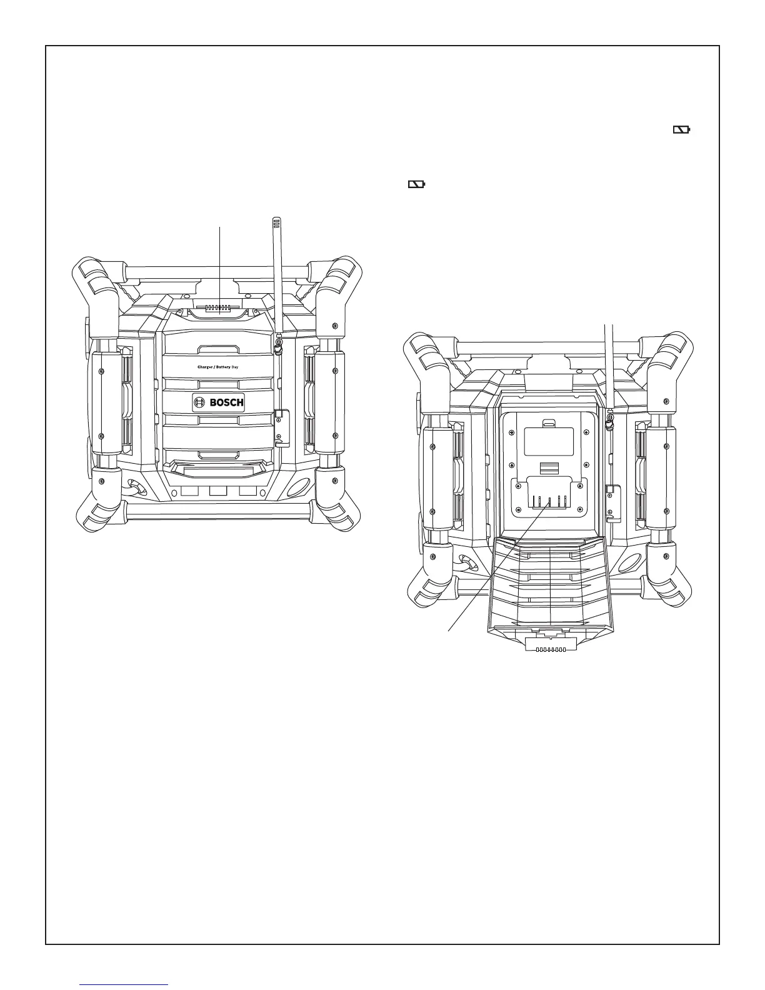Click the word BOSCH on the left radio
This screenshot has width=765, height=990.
point(226,402)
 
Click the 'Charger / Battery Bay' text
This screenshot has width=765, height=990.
point(217,367)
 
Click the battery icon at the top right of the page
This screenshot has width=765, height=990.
point(681,130)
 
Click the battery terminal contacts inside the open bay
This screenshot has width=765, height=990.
point(549,501)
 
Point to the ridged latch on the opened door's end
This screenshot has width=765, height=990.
point(550,649)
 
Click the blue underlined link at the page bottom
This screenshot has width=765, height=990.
point(125,984)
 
